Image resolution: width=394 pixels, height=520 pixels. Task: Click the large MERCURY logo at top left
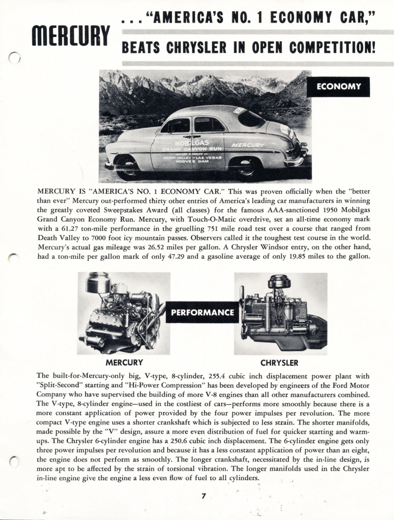point(70,35)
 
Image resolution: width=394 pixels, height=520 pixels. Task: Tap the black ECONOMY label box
point(338,87)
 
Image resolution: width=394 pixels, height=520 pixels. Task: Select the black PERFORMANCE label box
point(202,312)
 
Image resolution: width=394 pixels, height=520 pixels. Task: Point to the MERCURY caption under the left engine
point(124,362)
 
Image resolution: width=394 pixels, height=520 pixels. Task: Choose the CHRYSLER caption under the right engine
point(280,362)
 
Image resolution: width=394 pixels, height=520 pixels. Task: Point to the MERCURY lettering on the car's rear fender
point(248,145)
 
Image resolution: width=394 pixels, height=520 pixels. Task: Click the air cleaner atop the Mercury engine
point(97,283)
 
